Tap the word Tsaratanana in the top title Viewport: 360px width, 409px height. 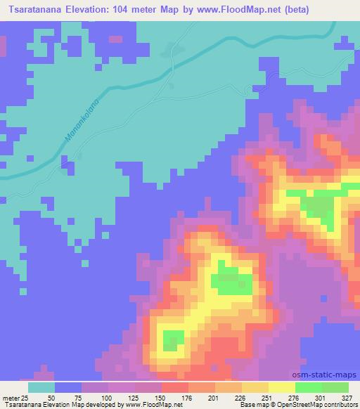click(x=33, y=9)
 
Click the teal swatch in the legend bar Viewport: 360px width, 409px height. click(x=41, y=387)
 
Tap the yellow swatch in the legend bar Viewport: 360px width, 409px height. click(x=281, y=387)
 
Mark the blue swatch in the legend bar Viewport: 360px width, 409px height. click(x=68, y=387)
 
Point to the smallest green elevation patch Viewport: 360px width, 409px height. click(x=170, y=341)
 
